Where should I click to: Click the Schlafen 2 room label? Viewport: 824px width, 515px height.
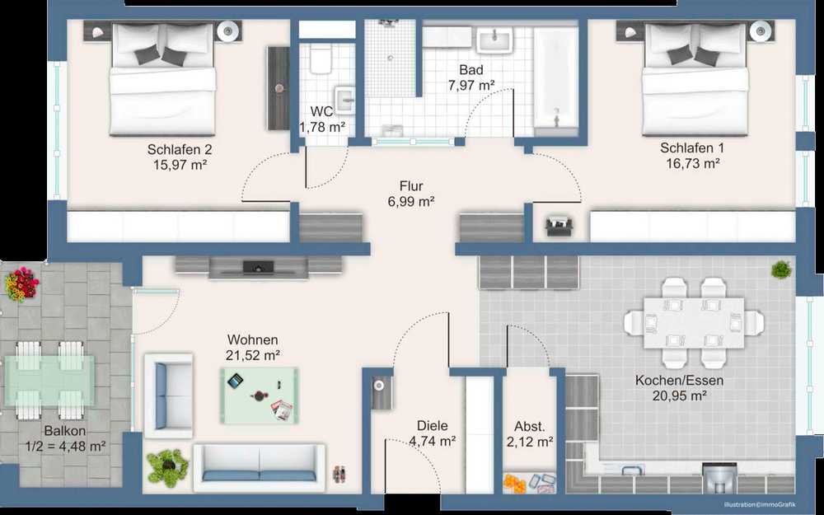[x=179, y=149]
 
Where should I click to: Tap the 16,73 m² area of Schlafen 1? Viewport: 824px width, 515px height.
[x=693, y=163]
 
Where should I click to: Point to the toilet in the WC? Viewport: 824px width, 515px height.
[x=320, y=59]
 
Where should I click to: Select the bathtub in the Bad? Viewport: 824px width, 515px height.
[x=555, y=77]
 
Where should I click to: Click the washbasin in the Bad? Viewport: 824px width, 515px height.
[x=494, y=40]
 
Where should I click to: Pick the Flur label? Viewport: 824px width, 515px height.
[x=411, y=186]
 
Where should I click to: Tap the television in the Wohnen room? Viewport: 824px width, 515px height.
[x=258, y=268]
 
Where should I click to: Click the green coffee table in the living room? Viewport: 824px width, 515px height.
[x=260, y=396]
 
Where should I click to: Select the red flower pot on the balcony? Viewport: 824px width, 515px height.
[x=21, y=284]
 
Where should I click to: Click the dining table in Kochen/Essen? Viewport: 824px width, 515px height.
[x=694, y=323]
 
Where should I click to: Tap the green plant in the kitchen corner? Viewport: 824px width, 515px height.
[x=781, y=269]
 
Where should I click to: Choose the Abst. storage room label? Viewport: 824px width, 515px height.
[x=529, y=426]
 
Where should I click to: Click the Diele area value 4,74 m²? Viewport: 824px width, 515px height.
[x=432, y=442]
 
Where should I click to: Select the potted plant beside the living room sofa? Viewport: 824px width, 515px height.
[x=167, y=466]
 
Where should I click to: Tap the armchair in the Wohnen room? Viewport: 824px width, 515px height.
[x=168, y=396]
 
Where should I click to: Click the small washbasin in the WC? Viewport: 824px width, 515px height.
[x=344, y=100]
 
